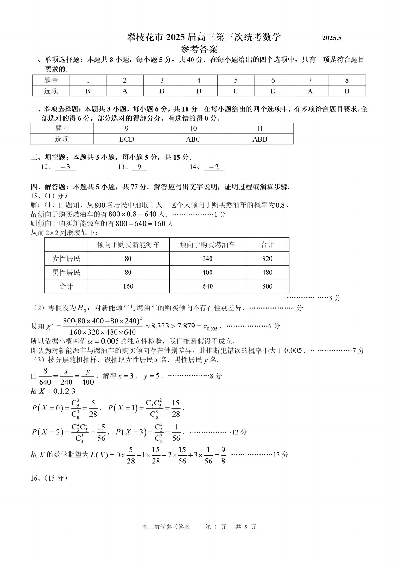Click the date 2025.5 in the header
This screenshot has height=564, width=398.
[332, 38]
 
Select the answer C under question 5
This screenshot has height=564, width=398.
[236, 91]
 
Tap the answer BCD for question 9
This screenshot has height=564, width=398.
[127, 139]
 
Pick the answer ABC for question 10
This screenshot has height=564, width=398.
[193, 139]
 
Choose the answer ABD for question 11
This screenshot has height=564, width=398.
[260, 139]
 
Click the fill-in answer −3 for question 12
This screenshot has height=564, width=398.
[65, 167]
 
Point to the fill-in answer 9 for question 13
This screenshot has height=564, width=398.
[139, 167]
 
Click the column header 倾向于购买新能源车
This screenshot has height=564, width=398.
[128, 244]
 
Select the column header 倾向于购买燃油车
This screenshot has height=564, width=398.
[207, 244]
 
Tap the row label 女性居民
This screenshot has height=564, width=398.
[66, 259]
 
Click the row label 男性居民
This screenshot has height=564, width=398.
[66, 273]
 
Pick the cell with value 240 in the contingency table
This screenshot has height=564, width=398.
[207, 259]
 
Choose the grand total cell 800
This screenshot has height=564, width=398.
[267, 286]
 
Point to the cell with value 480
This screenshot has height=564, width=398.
[267, 273]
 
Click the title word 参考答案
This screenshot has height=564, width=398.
[199, 48]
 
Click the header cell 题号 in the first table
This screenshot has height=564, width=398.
[51, 80]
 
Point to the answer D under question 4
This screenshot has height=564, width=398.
[199, 91]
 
